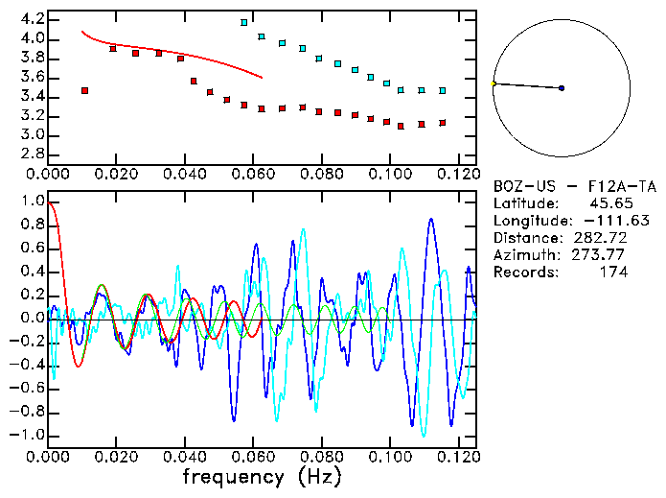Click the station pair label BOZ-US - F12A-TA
[561, 186]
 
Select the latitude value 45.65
[606, 203]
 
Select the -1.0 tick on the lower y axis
[30, 435]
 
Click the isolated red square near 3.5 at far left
[85, 90]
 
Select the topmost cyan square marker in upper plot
[244, 22]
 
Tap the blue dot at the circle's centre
[562, 88]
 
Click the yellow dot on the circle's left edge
[494, 84]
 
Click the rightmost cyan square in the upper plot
[442, 90]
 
